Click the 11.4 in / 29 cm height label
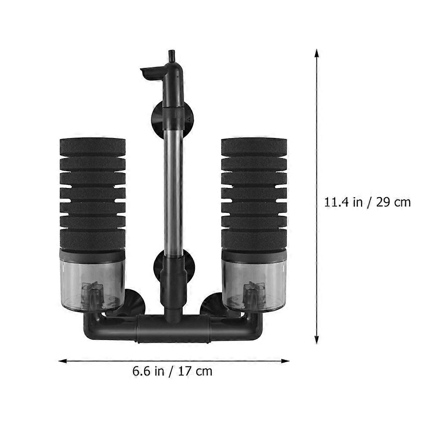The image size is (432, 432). click(x=367, y=203)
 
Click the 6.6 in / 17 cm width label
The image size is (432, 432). click(x=172, y=371)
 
